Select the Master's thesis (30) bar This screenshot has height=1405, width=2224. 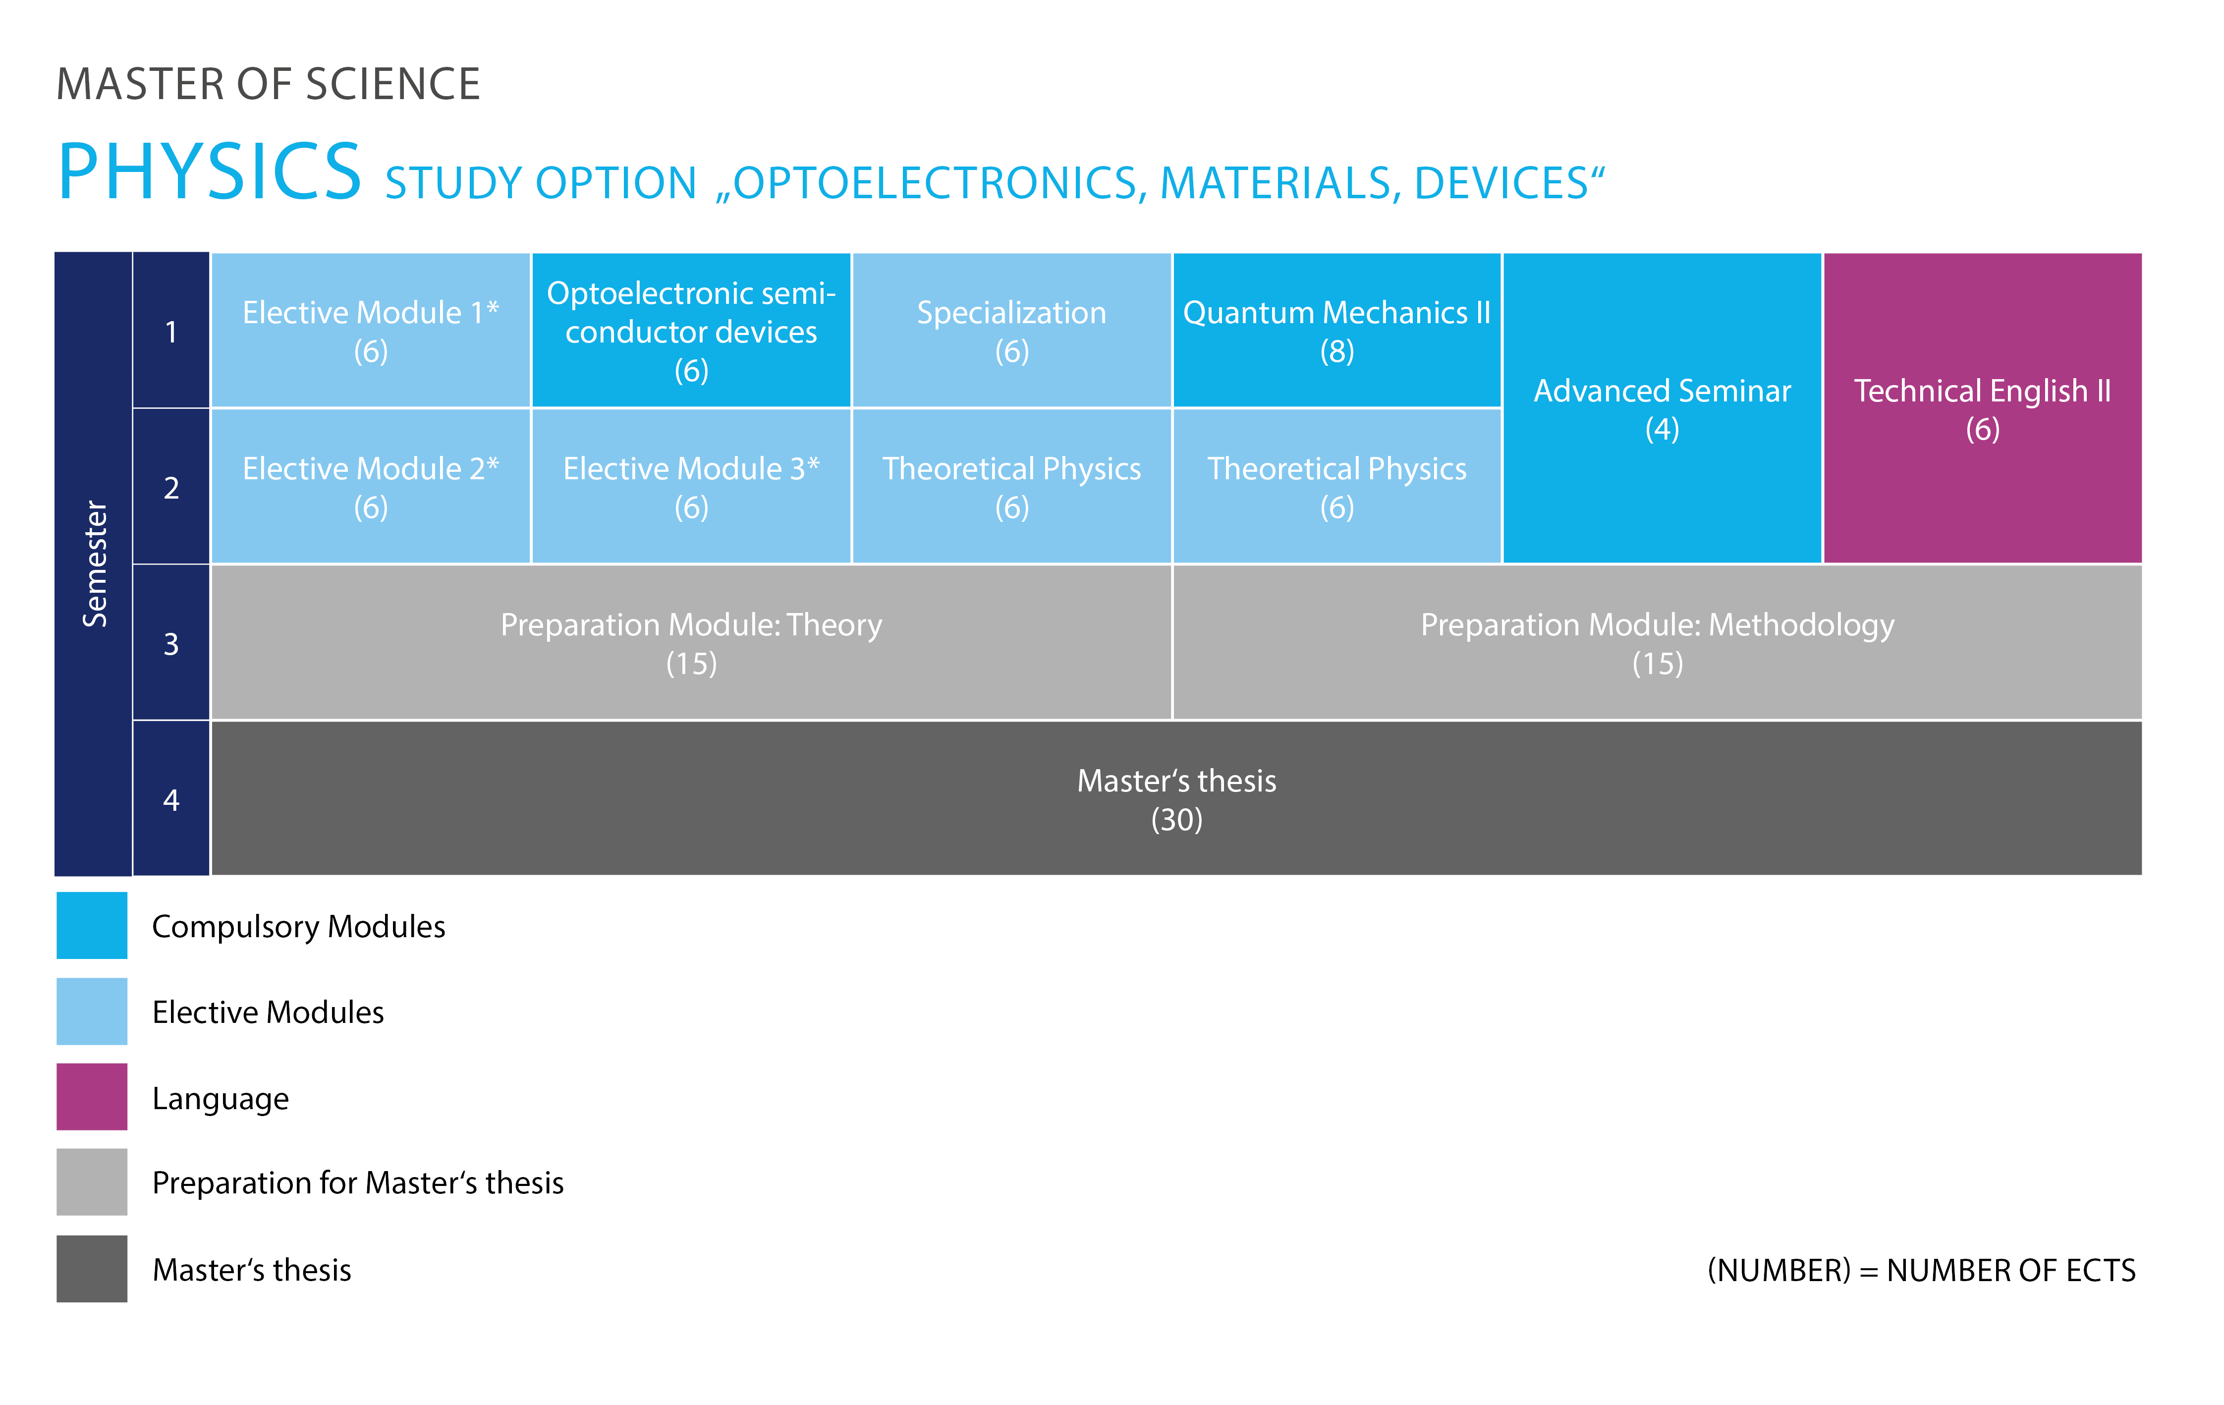[1176, 798]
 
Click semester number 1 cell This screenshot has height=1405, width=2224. [171, 331]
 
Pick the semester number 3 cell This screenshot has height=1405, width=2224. [171, 643]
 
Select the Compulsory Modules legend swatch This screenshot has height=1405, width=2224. [92, 925]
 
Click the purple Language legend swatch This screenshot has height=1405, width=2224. [92, 1096]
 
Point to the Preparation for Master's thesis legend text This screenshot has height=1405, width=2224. [357, 1182]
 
